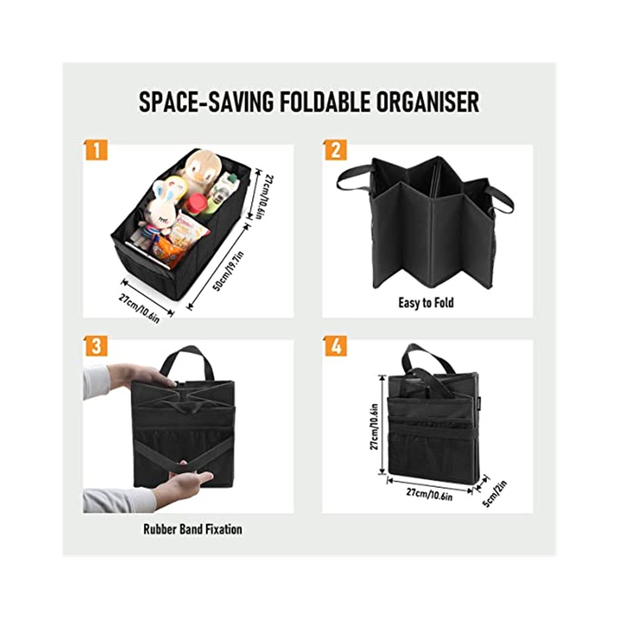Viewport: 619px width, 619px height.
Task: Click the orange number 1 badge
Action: point(96,150)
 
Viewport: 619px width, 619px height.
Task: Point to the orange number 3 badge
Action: point(96,346)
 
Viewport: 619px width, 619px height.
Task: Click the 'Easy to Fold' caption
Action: point(426,303)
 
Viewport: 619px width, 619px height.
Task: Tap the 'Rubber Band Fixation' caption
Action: point(193,529)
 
